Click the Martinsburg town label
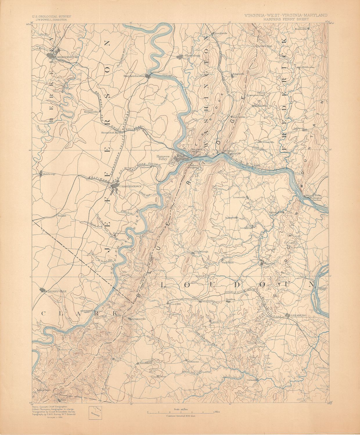[x=68, y=57]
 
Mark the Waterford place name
[x=269, y=264]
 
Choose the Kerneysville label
[x=90, y=112]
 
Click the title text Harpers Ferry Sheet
[x=286, y=19]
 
